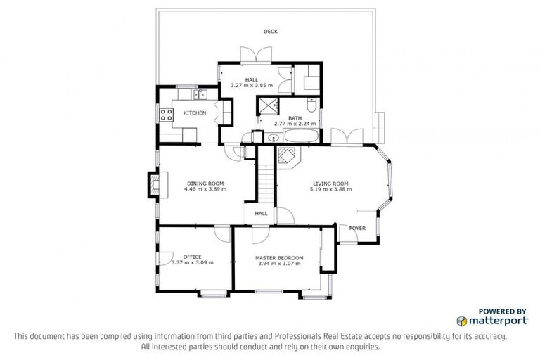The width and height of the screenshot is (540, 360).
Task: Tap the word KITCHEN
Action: [195, 112]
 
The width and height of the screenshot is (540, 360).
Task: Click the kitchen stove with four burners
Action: [167, 114]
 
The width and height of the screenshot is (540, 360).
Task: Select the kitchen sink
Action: [199, 93]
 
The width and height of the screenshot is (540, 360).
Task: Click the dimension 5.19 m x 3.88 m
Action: [330, 189]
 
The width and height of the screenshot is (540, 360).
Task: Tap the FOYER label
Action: [357, 228]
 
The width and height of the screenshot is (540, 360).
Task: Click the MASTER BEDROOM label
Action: [279, 258]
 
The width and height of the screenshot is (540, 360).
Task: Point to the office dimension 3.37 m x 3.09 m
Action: [192, 262]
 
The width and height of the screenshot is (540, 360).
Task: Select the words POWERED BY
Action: [502, 310]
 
